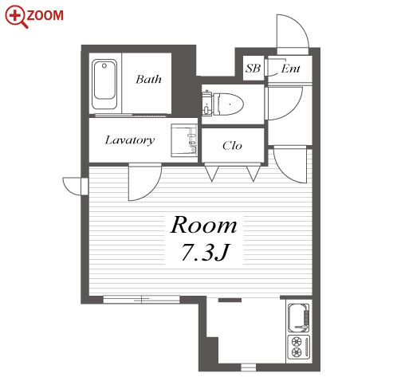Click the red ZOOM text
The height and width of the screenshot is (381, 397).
(45, 15)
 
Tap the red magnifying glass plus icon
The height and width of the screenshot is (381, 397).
(16, 17)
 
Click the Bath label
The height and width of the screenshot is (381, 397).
(148, 79)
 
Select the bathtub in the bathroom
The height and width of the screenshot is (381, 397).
(104, 84)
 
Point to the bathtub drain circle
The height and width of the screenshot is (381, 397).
(104, 65)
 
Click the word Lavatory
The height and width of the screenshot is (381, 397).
(130, 140)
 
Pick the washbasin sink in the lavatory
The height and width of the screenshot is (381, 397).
(184, 140)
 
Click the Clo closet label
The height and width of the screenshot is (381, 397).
(232, 146)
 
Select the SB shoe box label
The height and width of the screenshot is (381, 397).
(253, 69)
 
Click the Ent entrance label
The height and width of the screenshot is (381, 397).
(290, 69)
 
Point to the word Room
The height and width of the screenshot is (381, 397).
(203, 226)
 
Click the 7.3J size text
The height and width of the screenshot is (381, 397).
(205, 252)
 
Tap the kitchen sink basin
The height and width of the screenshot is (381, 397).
(299, 318)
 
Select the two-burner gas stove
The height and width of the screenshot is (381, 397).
(299, 347)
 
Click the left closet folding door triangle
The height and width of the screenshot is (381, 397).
(211, 174)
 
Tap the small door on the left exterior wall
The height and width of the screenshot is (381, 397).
(75, 186)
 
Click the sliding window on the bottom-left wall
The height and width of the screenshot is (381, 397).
(141, 300)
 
